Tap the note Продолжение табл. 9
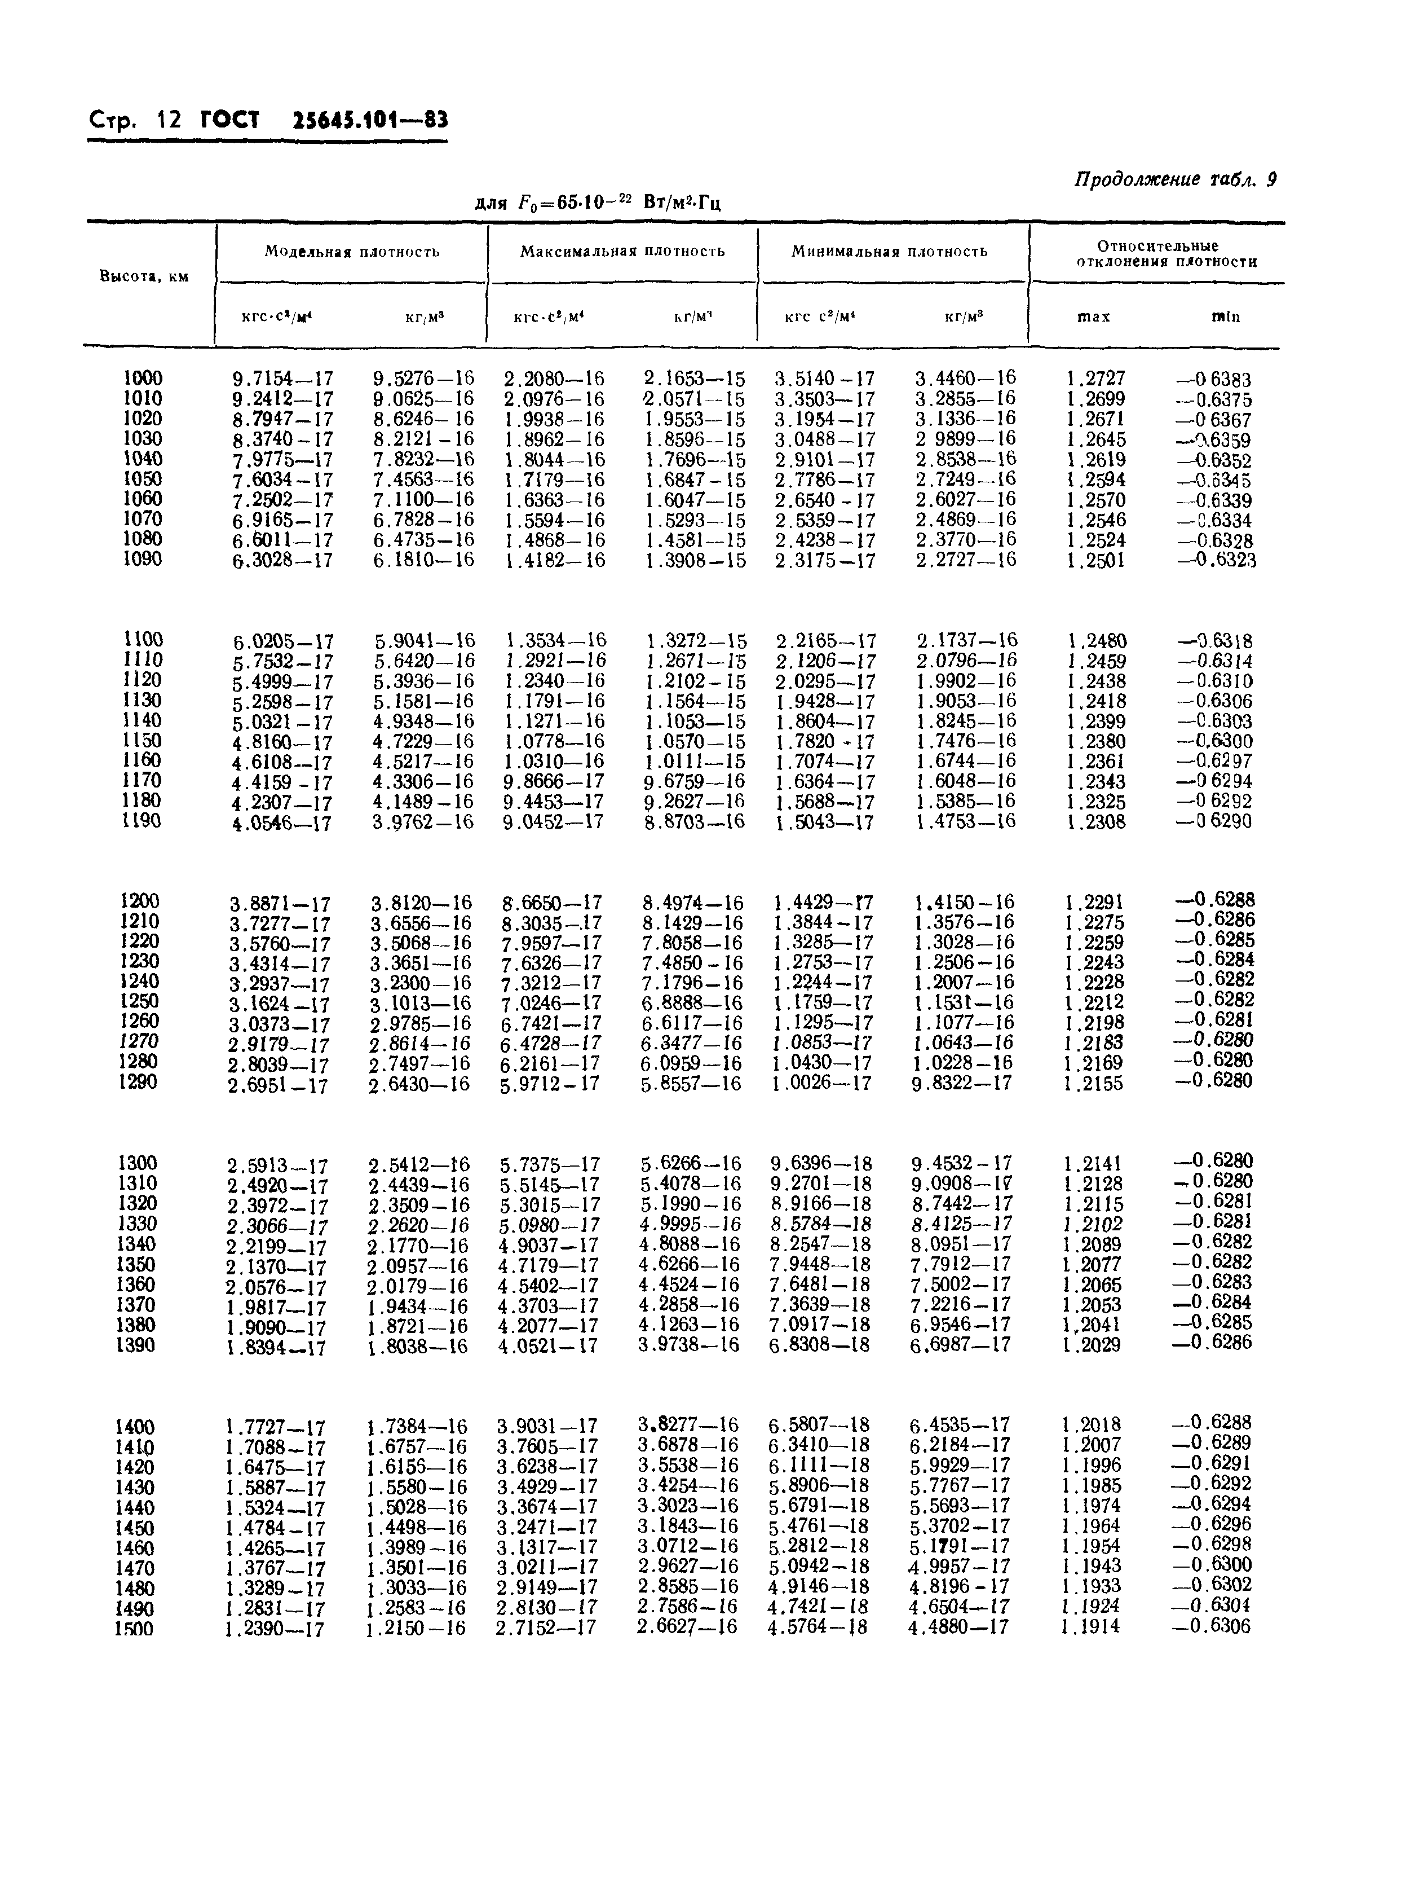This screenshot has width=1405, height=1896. pos(1176,179)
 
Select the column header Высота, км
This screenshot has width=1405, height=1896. pos(144,276)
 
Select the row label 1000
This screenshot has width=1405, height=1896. pos(142,378)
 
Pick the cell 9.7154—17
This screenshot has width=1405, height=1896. pos(282,380)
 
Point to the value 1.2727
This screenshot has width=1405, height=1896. pos(1095,379)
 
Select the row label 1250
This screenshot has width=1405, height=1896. pos(139,1001)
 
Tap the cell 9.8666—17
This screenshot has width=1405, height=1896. pos(553,782)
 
